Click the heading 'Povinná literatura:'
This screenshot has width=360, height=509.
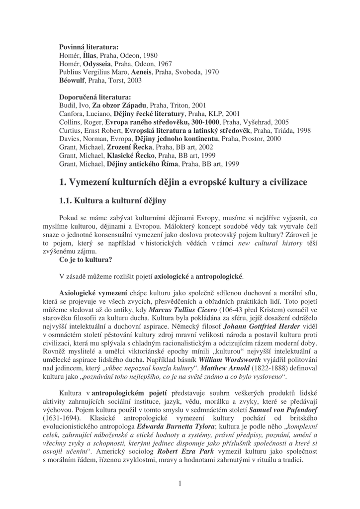point(89,47)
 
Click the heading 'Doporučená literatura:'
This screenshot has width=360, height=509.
point(95,97)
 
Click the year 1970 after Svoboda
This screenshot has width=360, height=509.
point(211,72)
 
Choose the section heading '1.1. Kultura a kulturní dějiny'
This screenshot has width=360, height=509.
point(112,201)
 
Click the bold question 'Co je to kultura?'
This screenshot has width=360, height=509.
point(86,259)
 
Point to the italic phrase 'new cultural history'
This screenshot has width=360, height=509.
point(270,244)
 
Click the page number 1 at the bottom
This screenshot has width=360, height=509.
point(180,483)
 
